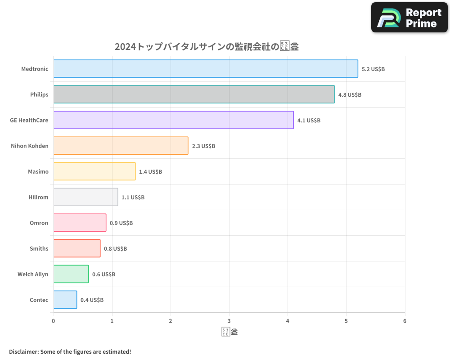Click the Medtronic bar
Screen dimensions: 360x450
point(206,69)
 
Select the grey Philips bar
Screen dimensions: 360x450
point(194,94)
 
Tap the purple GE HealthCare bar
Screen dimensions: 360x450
point(173,120)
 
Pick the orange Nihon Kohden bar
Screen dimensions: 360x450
point(121,146)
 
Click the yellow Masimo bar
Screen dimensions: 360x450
point(94,171)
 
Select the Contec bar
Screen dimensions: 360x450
point(65,300)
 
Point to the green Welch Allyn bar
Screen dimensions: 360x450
point(71,274)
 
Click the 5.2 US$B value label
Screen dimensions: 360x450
point(373,69)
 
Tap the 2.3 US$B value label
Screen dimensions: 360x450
point(203,146)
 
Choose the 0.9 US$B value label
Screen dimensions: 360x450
point(121,223)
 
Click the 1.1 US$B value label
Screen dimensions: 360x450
point(133,198)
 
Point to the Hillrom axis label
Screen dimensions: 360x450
point(38,197)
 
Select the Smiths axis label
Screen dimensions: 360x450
point(39,248)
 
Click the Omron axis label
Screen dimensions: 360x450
point(39,223)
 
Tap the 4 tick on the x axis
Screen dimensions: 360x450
point(288,321)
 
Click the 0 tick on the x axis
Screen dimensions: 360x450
point(54,321)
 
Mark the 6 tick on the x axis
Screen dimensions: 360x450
point(405,321)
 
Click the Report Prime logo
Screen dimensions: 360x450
point(409,18)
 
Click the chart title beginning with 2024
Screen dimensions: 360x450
point(207,46)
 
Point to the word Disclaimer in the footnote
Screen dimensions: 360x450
point(23,351)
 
